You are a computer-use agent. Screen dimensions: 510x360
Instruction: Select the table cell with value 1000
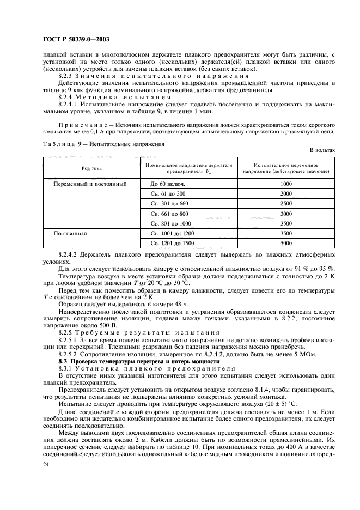pos(286,184)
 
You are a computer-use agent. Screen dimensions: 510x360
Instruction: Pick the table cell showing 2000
pos(286,194)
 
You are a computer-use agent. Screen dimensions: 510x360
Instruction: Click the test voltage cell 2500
pos(286,204)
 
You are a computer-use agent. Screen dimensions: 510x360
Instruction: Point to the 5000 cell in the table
pos(286,243)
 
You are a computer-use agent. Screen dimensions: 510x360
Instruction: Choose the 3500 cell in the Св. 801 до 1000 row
pos(286,223)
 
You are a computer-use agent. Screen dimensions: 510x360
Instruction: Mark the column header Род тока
pos(91,168)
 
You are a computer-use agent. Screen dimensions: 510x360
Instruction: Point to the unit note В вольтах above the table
pos(322,149)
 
